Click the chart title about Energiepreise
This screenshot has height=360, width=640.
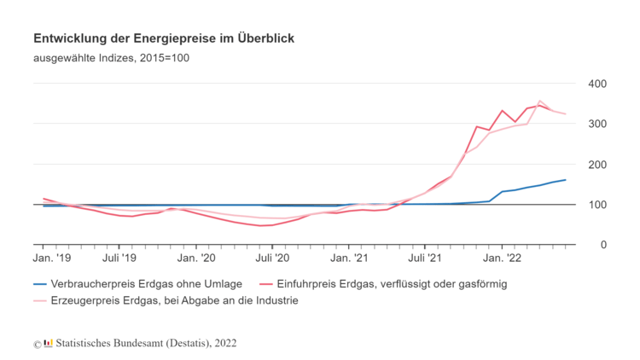pyautogui.click(x=164, y=39)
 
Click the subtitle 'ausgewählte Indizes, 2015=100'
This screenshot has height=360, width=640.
pyautogui.click(x=111, y=59)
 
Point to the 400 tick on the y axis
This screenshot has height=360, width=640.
pyautogui.click(x=596, y=84)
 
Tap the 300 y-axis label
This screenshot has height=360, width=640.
pyautogui.click(x=596, y=124)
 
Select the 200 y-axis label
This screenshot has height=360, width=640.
pyautogui.click(x=596, y=164)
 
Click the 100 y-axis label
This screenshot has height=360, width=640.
pyautogui.click(x=596, y=205)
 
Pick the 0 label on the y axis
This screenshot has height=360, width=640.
pyautogui.click(x=602, y=245)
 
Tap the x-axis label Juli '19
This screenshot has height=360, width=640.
pyautogui.click(x=119, y=256)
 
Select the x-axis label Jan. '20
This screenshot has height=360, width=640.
pyautogui.click(x=197, y=256)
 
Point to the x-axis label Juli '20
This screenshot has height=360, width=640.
pyautogui.click(x=271, y=256)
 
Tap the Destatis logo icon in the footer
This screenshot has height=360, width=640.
pyautogui.click(x=48, y=343)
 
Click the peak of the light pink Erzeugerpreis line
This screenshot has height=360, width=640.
pyautogui.click(x=539, y=101)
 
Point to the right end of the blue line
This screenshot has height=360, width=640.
pyautogui.click(x=565, y=180)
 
